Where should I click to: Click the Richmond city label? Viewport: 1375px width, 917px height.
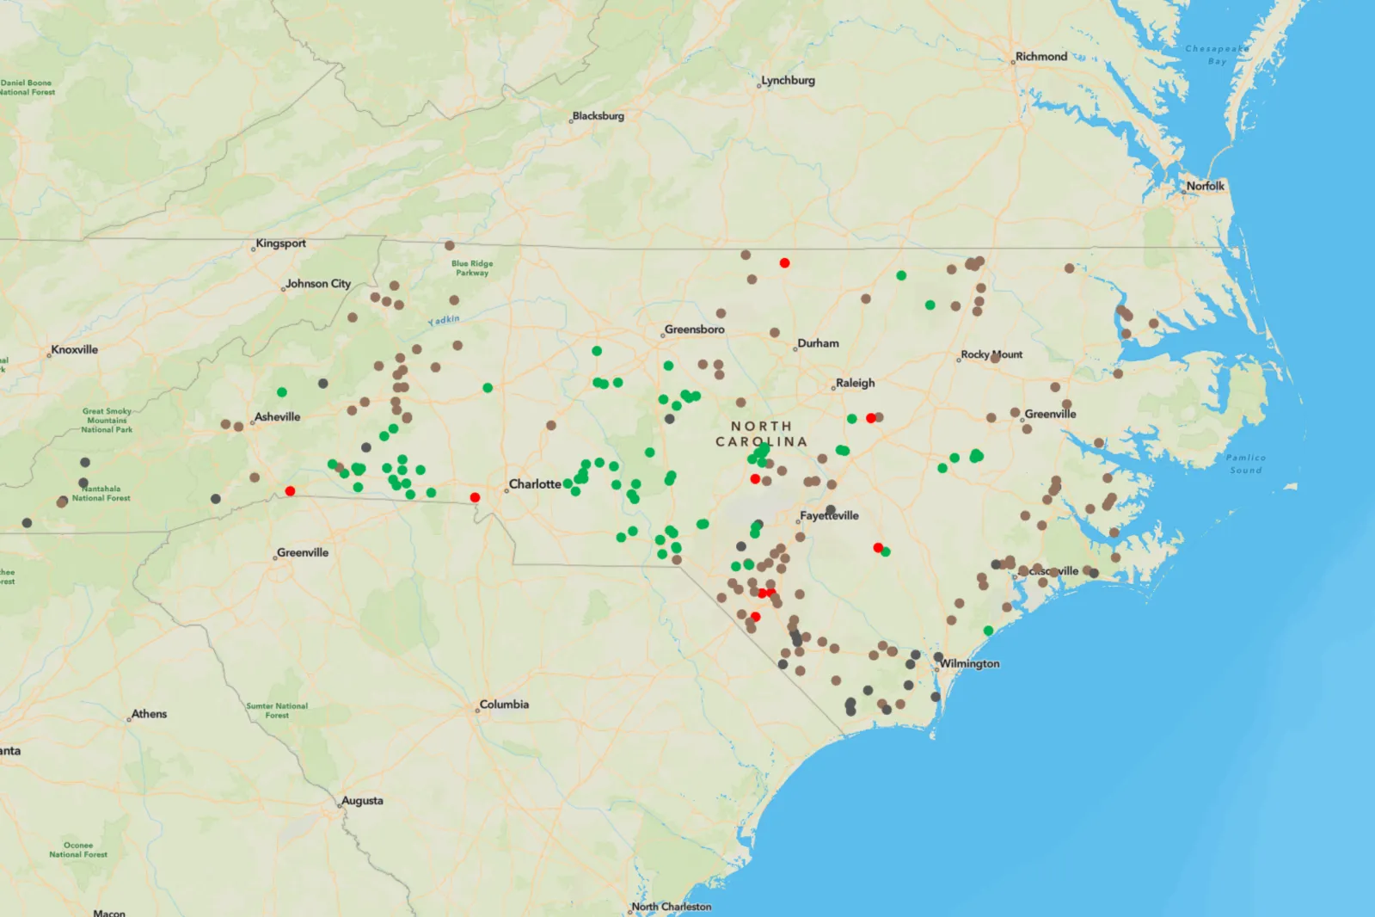pyautogui.click(x=1040, y=57)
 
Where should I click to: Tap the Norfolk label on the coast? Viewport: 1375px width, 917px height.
pyautogui.click(x=1205, y=186)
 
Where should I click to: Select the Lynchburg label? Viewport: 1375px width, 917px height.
pyautogui.click(x=788, y=81)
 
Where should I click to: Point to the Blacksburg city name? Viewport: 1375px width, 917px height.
pyautogui.click(x=598, y=116)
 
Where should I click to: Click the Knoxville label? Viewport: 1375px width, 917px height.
pyautogui.click(x=75, y=350)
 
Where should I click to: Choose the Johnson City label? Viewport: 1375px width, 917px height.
pyautogui.click(x=318, y=284)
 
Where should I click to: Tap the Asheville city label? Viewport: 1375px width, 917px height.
pyautogui.click(x=277, y=417)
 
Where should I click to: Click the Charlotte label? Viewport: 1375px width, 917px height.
pyautogui.click(x=535, y=484)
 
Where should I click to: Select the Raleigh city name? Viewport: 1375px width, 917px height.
pyautogui.click(x=855, y=384)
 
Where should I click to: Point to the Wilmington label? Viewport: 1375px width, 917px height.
pyautogui.click(x=969, y=664)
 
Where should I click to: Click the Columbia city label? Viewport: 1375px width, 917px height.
pyautogui.click(x=504, y=705)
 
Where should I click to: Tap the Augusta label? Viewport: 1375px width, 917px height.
pyautogui.click(x=362, y=801)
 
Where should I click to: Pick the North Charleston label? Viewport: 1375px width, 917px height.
pyautogui.click(x=672, y=907)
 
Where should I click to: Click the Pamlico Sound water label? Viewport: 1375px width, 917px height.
pyautogui.click(x=1245, y=464)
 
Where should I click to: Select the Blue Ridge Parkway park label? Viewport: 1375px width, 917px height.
pyautogui.click(x=472, y=268)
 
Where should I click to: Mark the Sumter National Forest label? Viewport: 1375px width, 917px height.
pyautogui.click(x=277, y=711)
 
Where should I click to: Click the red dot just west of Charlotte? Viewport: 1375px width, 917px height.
pyautogui.click(x=475, y=497)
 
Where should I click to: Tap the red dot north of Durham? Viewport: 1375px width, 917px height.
pyautogui.click(x=784, y=263)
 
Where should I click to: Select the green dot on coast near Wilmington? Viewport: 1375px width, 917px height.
pyautogui.click(x=988, y=631)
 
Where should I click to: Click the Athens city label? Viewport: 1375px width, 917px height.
pyautogui.click(x=149, y=714)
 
